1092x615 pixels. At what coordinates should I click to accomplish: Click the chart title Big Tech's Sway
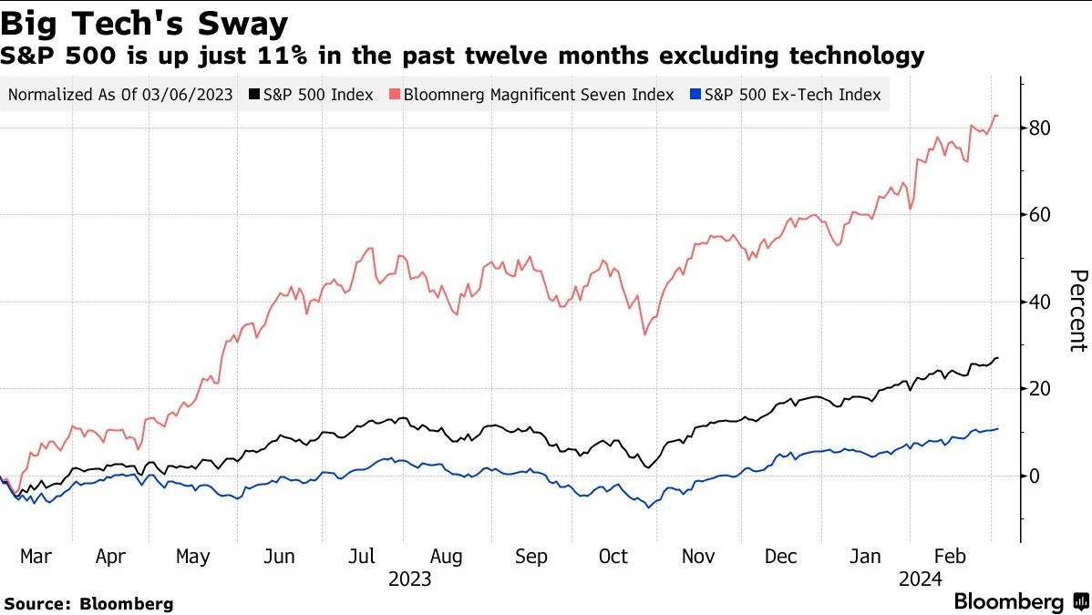(146, 22)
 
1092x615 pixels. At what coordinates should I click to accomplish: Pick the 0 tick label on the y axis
(1035, 476)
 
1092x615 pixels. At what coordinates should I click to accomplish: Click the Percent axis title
(1078, 311)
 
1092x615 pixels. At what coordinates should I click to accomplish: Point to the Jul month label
(361, 556)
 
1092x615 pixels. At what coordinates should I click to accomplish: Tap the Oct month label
(613, 556)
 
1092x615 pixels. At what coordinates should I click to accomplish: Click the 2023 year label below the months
(409, 579)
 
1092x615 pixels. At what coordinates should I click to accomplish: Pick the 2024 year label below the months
(921, 579)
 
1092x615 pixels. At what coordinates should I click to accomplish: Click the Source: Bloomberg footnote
(88, 603)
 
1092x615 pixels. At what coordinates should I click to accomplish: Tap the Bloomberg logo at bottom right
(1020, 602)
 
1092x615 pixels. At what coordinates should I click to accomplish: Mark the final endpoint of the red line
(998, 116)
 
